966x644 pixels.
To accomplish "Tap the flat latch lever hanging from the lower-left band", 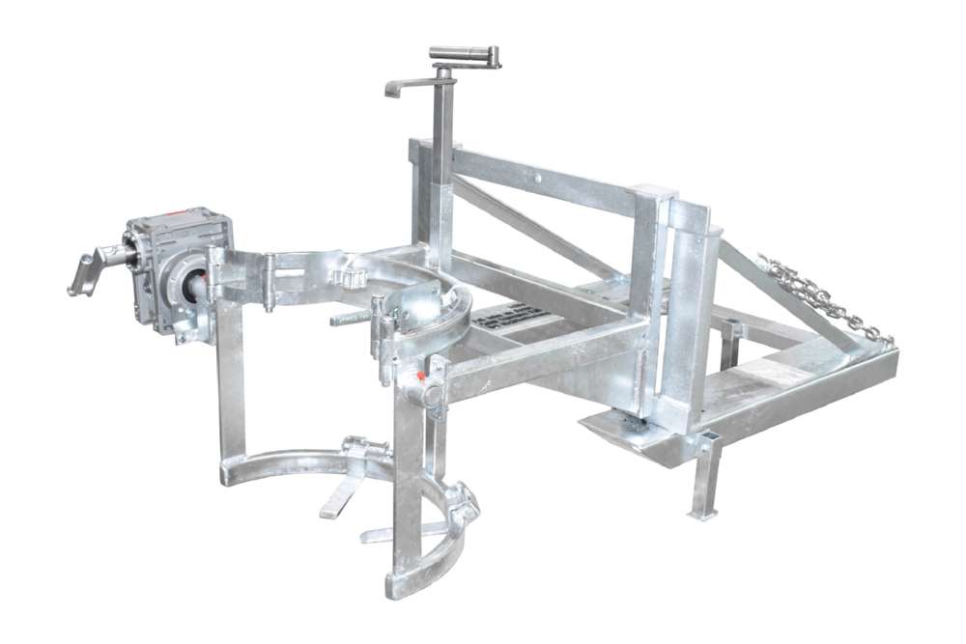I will pyautogui.click(x=343, y=492).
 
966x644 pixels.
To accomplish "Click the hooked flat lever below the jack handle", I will pyautogui.click(x=406, y=88).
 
